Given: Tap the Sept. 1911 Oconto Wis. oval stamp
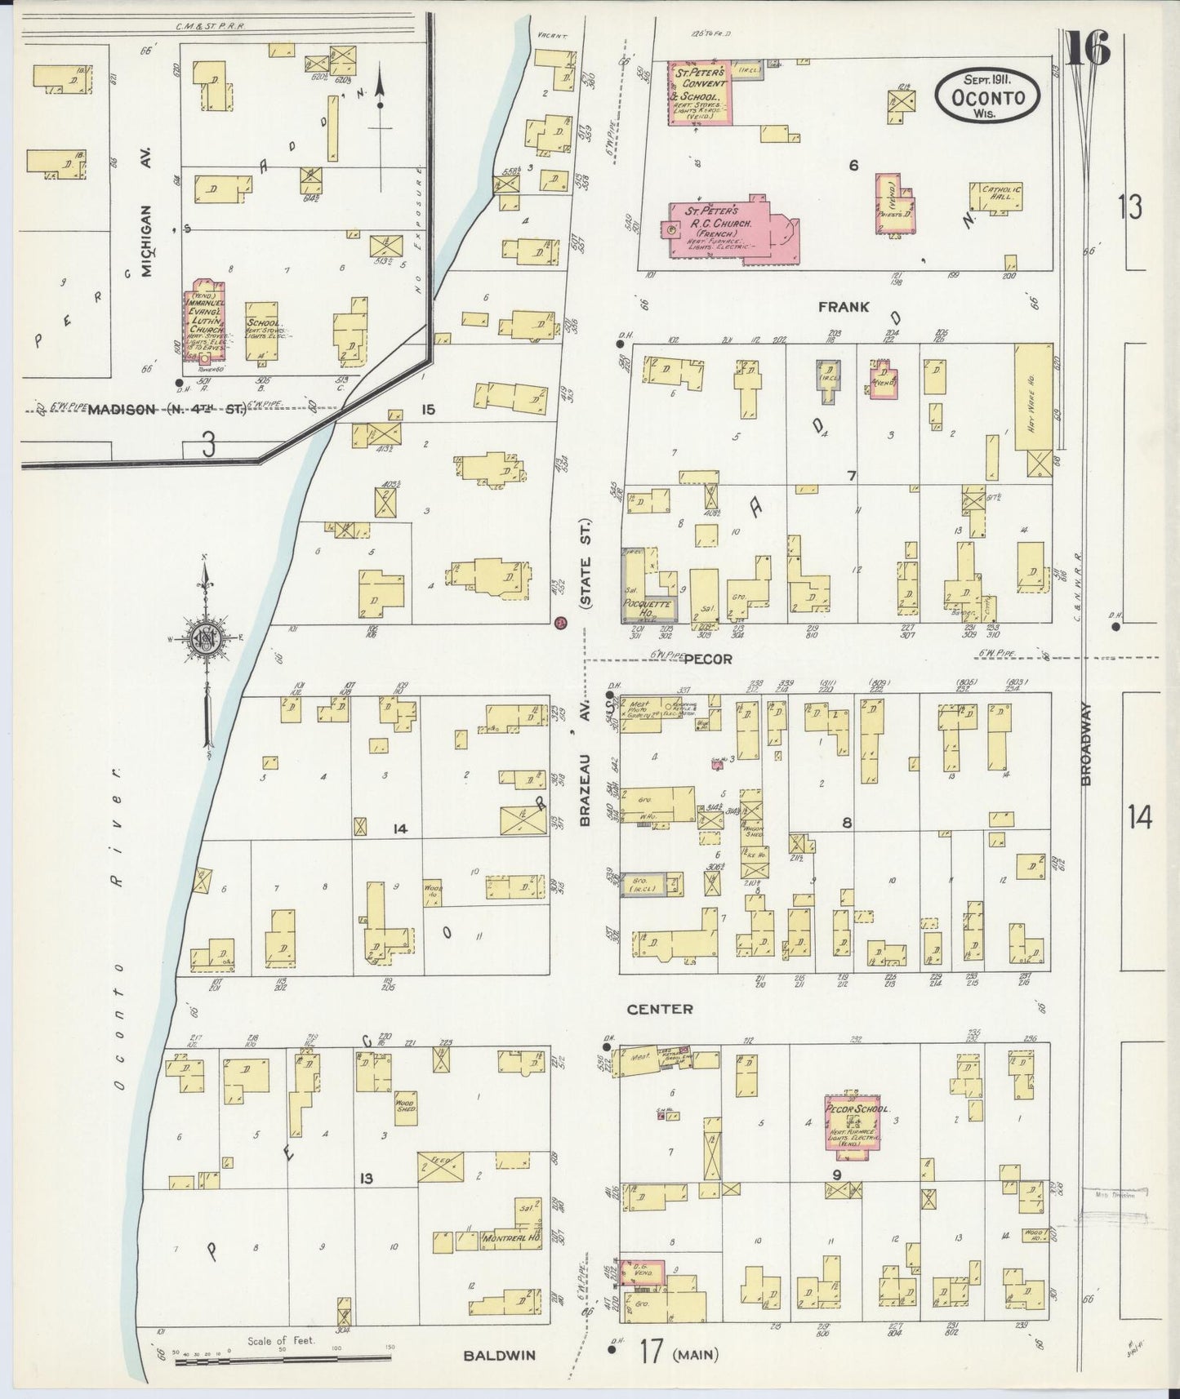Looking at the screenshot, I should point(987,96).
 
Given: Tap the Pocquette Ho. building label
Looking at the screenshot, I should point(647,605).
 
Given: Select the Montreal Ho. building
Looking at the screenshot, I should point(510,1237).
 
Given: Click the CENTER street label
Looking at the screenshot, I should point(659,1009).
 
